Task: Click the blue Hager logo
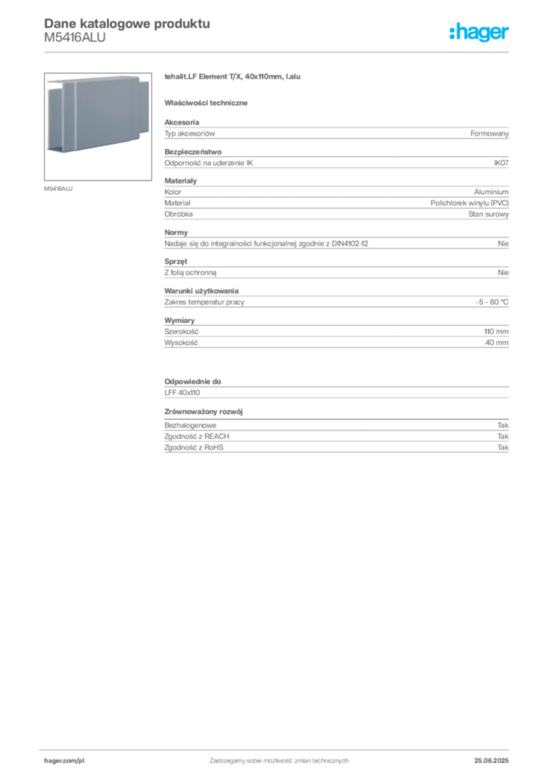click(480, 33)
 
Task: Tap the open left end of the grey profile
click(54, 117)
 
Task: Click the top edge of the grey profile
click(95, 80)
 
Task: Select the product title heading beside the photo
click(233, 78)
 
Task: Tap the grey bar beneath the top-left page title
click(75, 43)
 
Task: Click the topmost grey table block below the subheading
click(336, 133)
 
